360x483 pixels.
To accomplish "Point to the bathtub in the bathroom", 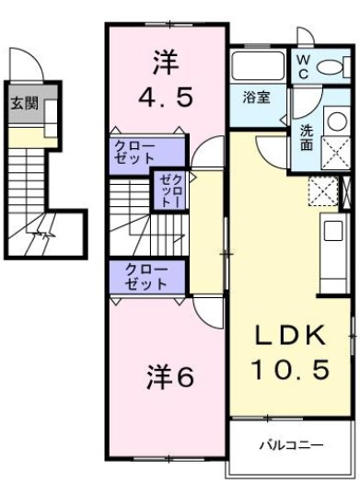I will point(258,67).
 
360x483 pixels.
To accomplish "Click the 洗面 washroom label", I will point(306,137).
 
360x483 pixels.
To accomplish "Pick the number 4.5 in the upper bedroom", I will point(167,96).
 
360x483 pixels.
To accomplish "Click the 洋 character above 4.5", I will point(166,63).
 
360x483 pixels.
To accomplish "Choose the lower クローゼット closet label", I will point(134,277).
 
